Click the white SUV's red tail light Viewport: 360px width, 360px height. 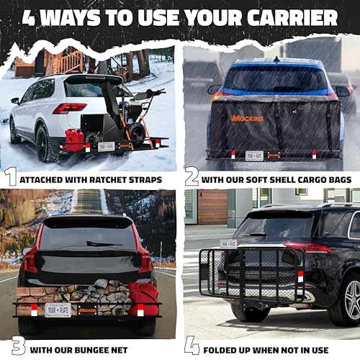[x=69, y=108]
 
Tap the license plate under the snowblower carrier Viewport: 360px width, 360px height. [x=107, y=146]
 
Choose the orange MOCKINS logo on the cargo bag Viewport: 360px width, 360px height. [x=247, y=118]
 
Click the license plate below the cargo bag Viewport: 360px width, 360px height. [x=255, y=155]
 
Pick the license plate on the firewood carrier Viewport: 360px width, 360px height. [x=58, y=310]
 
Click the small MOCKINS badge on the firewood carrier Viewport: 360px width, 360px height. [x=88, y=310]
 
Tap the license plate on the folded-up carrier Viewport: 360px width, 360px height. [x=229, y=243]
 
